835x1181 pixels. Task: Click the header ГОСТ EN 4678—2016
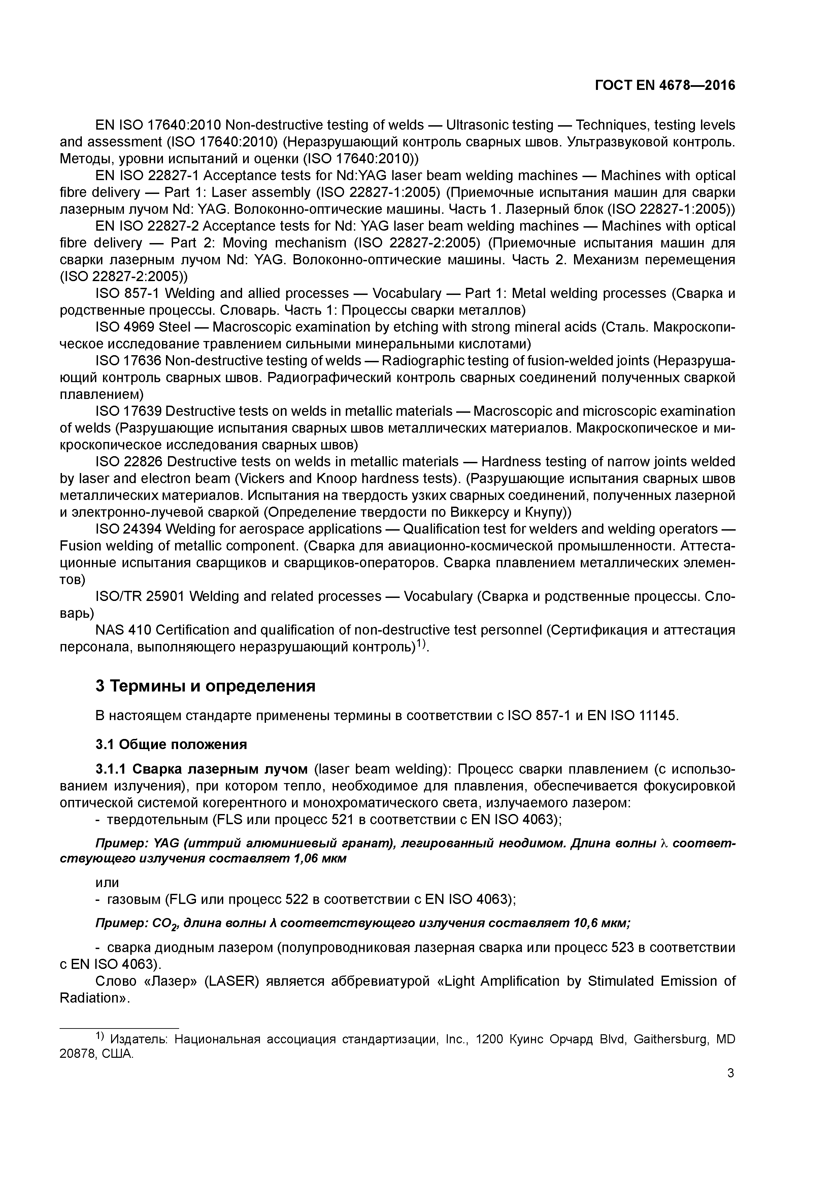(665, 86)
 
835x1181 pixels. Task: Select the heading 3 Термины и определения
(205, 686)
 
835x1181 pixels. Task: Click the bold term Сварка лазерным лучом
(220, 770)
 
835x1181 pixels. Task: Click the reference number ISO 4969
(125, 327)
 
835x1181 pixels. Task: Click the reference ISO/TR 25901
(140, 597)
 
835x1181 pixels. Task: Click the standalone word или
(107, 883)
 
